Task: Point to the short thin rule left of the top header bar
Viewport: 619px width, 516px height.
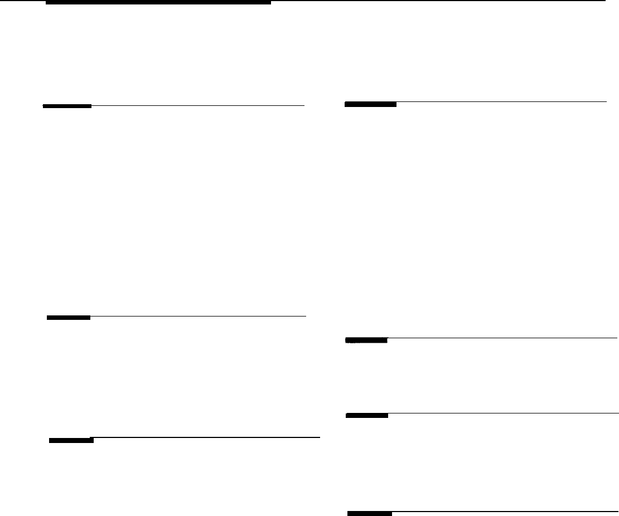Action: [22, 1]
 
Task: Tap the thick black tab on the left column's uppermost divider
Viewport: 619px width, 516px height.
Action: [67, 105]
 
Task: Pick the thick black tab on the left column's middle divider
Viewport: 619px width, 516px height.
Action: [69, 318]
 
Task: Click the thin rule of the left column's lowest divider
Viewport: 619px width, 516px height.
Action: [206, 437]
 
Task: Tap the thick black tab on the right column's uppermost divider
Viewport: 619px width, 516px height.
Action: [370, 104]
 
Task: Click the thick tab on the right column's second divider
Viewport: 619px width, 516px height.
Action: [366, 340]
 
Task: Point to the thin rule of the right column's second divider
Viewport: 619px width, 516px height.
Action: [502, 338]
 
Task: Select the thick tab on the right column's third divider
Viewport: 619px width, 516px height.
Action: [367, 415]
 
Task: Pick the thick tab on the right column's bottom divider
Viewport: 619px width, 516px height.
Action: [369, 513]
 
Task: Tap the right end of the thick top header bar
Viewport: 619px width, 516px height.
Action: [269, 2]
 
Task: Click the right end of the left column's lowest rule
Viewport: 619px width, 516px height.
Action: [318, 437]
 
